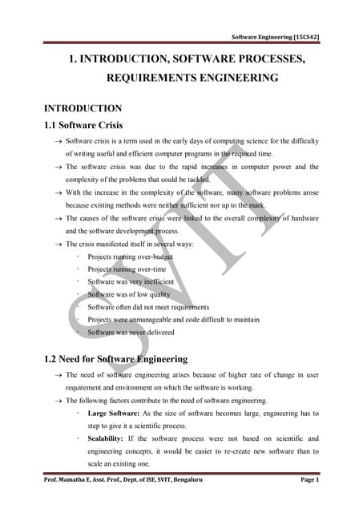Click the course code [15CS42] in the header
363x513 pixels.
coord(305,38)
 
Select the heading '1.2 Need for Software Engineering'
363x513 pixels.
coord(116,358)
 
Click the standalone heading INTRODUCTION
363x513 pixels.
coord(83,107)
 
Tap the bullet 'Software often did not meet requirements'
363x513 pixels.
coord(148,307)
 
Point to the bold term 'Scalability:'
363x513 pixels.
coord(108,438)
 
